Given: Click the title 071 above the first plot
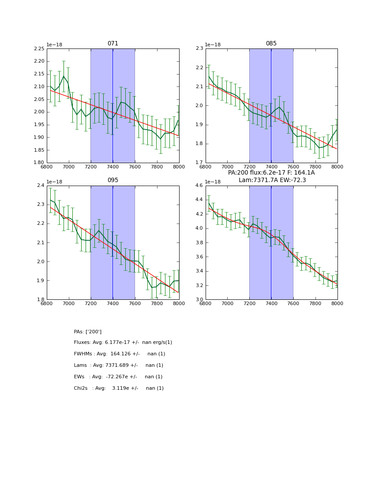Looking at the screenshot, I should (x=113, y=44).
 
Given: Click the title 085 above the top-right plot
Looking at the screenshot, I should (x=271, y=44).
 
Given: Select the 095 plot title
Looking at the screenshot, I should (x=113, y=180).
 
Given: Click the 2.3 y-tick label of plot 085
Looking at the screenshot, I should (x=199, y=49).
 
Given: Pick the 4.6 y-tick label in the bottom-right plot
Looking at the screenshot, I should (x=199, y=186).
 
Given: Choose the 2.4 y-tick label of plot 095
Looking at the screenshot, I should (x=40, y=186).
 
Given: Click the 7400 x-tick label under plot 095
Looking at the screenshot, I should (x=113, y=303).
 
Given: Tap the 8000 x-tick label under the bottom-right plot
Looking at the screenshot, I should (x=337, y=303).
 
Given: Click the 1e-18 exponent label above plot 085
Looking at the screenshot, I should (x=213, y=45).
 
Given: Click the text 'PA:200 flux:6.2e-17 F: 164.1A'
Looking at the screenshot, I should (x=271, y=173).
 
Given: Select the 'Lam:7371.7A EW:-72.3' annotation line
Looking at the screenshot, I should (x=272, y=180).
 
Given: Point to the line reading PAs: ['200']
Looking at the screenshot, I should (x=88, y=332).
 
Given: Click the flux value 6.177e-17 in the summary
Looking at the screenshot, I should (x=120, y=343).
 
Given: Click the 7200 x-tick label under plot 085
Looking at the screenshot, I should (x=249, y=167).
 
